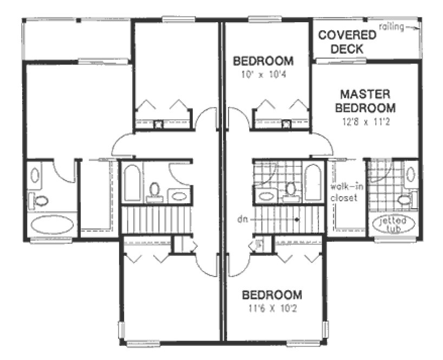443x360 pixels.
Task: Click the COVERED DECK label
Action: (x=347, y=42)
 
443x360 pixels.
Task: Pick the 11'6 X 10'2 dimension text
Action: (x=271, y=310)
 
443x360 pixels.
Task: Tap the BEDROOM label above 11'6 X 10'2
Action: (x=271, y=295)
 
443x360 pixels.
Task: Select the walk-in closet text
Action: (x=344, y=193)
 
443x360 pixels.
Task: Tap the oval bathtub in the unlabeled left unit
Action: (x=53, y=224)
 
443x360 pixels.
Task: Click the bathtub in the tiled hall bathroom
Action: (x=312, y=182)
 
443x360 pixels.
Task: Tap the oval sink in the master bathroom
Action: (x=410, y=175)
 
